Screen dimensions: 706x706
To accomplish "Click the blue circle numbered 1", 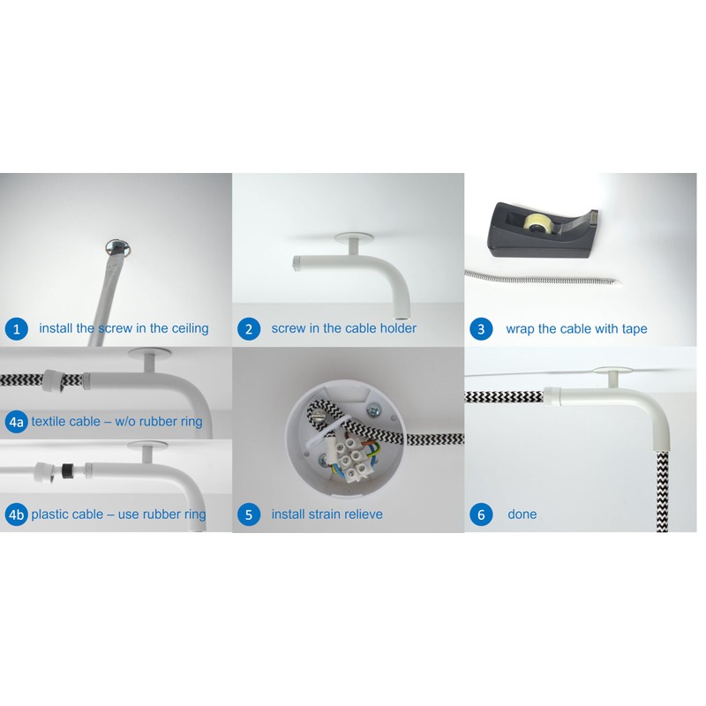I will pyautogui.click(x=16, y=329).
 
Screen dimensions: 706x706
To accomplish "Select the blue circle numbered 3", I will pyautogui.click(x=481, y=329).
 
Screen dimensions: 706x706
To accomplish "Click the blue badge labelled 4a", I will pyautogui.click(x=16, y=422).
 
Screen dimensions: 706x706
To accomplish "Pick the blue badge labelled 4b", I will pyautogui.click(x=16, y=514).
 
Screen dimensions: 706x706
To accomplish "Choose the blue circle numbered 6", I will pyautogui.click(x=481, y=514).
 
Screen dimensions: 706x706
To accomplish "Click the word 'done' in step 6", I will pyautogui.click(x=522, y=514).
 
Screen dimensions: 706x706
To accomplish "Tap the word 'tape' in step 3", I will pyautogui.click(x=632, y=329).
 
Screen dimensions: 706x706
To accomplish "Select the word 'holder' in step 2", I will pyautogui.click(x=396, y=329).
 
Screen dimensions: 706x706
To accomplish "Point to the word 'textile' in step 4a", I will pyautogui.click(x=52, y=422).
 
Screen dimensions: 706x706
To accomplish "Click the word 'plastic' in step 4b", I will pyautogui.click(x=54, y=514).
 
